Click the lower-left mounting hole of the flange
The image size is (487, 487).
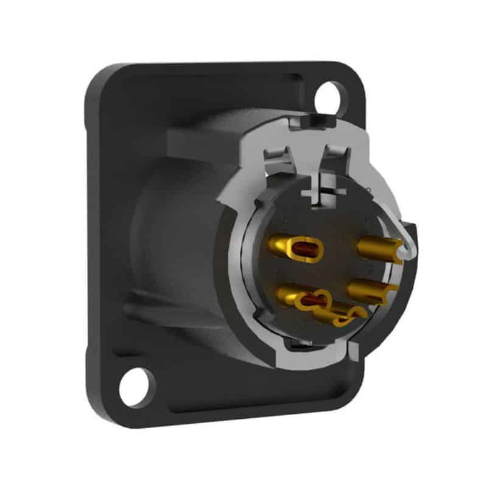[135, 386]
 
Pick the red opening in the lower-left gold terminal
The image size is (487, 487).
[313, 299]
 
